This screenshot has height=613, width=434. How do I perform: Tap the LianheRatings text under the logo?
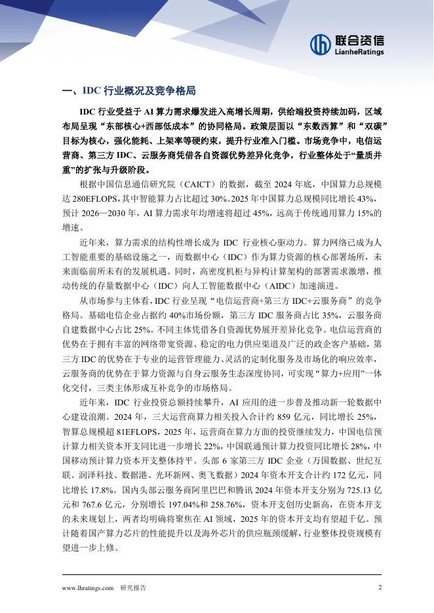(359, 52)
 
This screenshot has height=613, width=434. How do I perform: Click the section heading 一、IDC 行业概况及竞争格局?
(128, 90)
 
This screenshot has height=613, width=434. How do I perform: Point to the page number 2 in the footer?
(380, 587)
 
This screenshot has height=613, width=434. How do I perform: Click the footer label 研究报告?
(133, 587)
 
